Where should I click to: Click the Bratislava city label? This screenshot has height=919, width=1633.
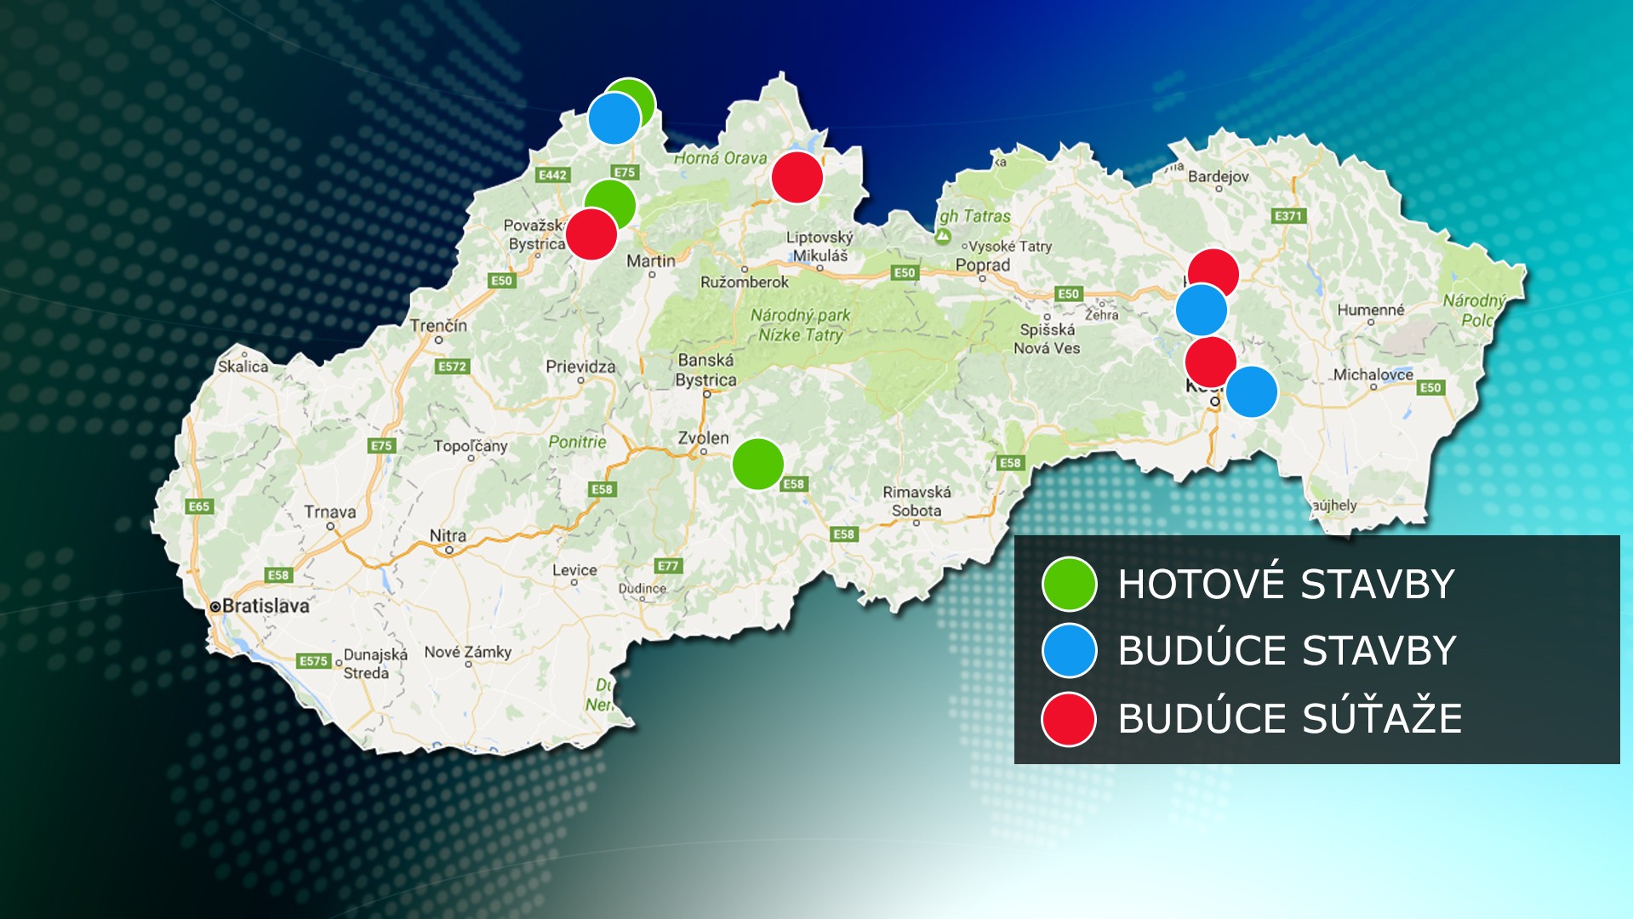click(x=266, y=606)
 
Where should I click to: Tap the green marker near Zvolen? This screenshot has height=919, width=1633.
click(x=757, y=464)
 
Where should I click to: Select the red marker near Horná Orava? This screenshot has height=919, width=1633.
click(x=797, y=178)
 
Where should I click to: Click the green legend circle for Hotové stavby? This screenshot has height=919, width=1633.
click(x=1069, y=584)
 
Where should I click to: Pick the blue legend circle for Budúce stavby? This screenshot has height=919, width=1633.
click(x=1069, y=651)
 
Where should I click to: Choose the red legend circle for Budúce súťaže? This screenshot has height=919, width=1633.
click(x=1069, y=719)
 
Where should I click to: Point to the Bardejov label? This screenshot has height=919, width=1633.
click(x=1218, y=176)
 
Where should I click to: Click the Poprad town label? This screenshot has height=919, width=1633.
click(x=982, y=265)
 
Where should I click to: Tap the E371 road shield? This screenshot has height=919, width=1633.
click(x=1288, y=216)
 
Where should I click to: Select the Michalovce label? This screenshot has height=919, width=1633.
click(x=1373, y=374)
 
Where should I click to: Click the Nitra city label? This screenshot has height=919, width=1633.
click(x=448, y=535)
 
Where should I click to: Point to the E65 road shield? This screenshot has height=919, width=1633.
click(x=198, y=506)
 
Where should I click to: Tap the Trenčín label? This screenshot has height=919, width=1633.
click(x=438, y=325)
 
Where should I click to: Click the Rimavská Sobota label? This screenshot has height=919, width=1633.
click(x=916, y=501)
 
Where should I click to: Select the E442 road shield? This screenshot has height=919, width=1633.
click(x=552, y=174)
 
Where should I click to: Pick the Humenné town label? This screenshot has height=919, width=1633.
click(x=1370, y=310)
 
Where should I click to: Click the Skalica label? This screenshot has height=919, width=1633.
click(x=243, y=366)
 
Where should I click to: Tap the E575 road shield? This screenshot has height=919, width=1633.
click(x=313, y=661)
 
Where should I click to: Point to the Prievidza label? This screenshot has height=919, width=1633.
click(x=580, y=366)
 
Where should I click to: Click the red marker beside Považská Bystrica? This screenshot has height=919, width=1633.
click(x=591, y=234)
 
